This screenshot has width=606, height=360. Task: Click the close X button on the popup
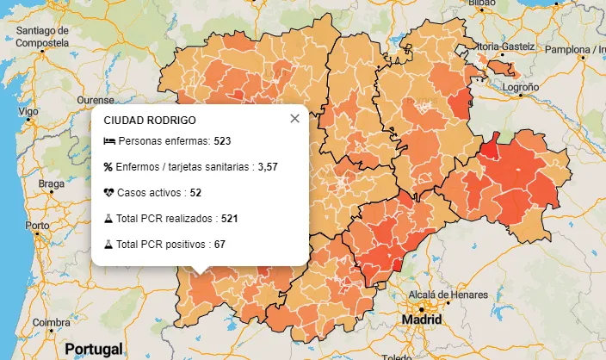294,119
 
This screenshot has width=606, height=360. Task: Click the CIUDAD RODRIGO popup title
149,121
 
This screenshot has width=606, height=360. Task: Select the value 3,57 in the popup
292,166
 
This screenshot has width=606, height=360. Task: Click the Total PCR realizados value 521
229,219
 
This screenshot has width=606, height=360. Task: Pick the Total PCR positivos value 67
220,245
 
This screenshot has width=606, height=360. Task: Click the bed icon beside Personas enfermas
108,140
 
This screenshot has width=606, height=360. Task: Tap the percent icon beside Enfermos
108,166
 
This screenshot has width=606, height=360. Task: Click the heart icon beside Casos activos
108,193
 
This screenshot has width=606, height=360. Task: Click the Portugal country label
92,350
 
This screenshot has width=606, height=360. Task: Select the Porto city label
37,226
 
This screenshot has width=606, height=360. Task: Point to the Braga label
53,183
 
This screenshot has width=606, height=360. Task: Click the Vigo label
29,112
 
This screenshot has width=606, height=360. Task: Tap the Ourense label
96,100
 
